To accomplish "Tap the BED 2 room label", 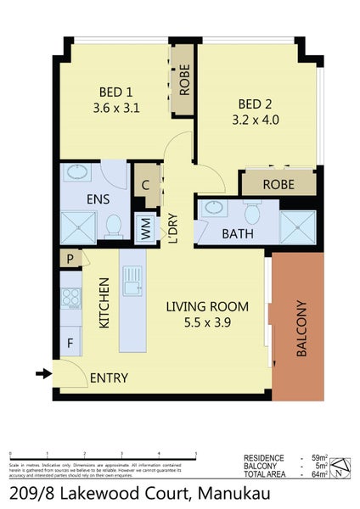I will point(259,112).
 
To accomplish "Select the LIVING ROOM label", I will point(207,314).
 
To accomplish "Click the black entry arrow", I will point(42,372).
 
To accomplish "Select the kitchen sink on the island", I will point(132,280).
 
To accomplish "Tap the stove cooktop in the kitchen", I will point(70,299).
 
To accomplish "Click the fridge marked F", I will point(70,345).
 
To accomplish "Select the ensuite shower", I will point(78,227).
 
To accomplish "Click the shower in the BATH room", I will point(297,225).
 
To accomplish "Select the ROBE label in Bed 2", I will point(278,183).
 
